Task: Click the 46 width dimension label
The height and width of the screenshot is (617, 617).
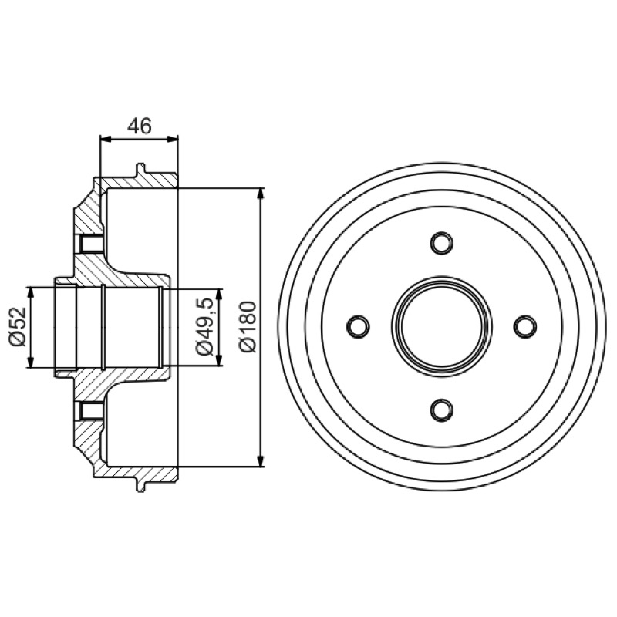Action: tap(140, 126)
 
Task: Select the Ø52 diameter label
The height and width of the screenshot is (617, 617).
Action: tap(18, 327)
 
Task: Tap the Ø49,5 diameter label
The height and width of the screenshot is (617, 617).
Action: tap(204, 327)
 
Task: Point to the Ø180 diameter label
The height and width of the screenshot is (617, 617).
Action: tap(248, 327)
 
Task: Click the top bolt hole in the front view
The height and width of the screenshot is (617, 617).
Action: tap(441, 243)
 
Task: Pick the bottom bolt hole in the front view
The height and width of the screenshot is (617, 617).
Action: tap(441, 410)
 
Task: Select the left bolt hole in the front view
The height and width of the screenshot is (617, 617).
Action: tap(358, 326)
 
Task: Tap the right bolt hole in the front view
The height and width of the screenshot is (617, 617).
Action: tap(525, 326)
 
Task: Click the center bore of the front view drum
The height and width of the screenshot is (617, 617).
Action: tap(441, 326)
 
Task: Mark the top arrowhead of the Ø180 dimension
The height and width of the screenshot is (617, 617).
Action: tap(261, 194)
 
